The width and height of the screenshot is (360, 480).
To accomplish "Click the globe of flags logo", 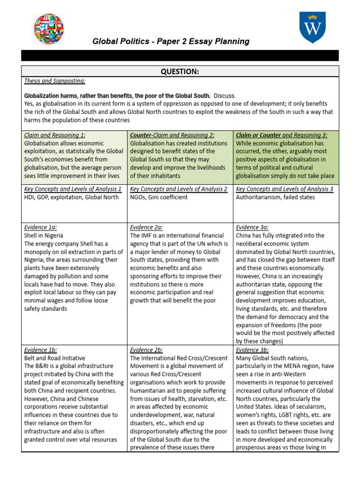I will [49, 29].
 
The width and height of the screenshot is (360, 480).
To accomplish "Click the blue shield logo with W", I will [312, 27].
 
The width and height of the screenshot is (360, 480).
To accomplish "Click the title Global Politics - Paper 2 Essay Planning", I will [171, 41].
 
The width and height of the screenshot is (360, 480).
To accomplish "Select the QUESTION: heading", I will [180, 71].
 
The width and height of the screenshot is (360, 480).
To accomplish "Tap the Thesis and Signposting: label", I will [54, 81].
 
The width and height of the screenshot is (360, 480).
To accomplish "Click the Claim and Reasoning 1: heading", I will [54, 135].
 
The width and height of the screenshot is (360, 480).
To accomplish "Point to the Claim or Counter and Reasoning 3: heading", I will [282, 135].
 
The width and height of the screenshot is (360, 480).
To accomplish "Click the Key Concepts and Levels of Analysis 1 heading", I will [73, 189].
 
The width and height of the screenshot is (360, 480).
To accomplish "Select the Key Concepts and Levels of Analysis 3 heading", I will [285, 189].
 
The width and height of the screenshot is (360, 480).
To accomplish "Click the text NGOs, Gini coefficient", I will [159, 197].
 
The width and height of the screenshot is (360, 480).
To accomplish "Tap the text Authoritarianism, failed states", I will [276, 197].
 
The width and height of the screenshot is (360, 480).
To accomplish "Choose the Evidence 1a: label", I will [40, 227].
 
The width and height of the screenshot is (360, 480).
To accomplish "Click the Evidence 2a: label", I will [146, 227].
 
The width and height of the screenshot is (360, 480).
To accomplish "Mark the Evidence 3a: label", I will [252, 227].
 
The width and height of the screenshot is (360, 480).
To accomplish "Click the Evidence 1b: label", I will [40, 350].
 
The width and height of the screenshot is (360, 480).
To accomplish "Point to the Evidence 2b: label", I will [146, 350].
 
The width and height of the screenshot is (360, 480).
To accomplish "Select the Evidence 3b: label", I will [252, 350].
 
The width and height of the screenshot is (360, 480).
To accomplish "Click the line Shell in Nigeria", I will [44, 235].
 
